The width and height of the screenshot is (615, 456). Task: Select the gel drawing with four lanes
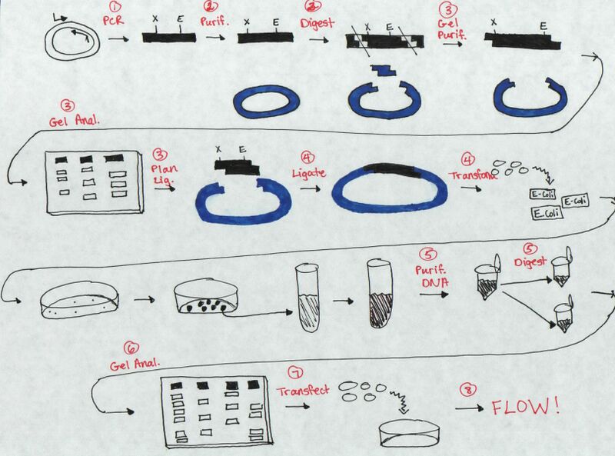(x=211, y=413)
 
